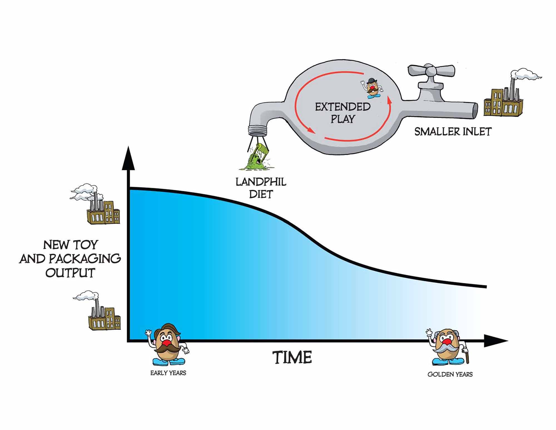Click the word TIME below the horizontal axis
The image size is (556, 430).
point(292,357)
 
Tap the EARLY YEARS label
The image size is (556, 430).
point(168,373)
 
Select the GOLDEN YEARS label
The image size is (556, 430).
point(450,374)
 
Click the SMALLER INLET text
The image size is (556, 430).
point(453,132)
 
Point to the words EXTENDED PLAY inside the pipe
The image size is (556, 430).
point(342,113)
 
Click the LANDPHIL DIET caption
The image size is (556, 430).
point(261,188)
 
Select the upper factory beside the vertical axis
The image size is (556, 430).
point(103,212)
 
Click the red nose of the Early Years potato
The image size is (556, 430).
point(167,341)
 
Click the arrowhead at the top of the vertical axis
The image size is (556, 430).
point(128,159)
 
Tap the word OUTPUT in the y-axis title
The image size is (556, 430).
point(70,273)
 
